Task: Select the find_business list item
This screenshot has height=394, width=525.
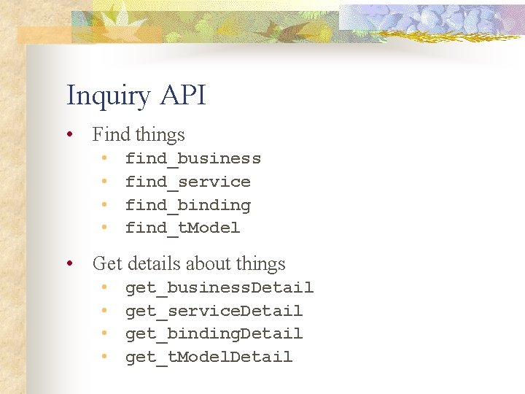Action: (192, 159)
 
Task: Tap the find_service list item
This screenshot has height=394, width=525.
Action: (187, 182)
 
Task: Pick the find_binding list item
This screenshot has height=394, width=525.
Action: (187, 206)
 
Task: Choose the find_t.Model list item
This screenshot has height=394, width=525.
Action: (182, 228)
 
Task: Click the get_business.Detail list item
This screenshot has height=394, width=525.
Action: (219, 288)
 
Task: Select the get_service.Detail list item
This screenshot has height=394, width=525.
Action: (214, 312)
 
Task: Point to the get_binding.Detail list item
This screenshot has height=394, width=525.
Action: (214, 334)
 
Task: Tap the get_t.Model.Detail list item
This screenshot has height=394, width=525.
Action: (209, 358)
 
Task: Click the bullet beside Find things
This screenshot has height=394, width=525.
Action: (69, 135)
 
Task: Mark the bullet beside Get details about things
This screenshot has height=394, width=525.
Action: (69, 264)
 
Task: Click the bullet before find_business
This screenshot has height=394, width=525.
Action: (105, 158)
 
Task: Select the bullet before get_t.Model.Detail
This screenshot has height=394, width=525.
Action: (105, 357)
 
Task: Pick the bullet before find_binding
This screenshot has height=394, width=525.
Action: (105, 205)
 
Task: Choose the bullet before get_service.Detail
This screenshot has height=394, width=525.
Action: (105, 311)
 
